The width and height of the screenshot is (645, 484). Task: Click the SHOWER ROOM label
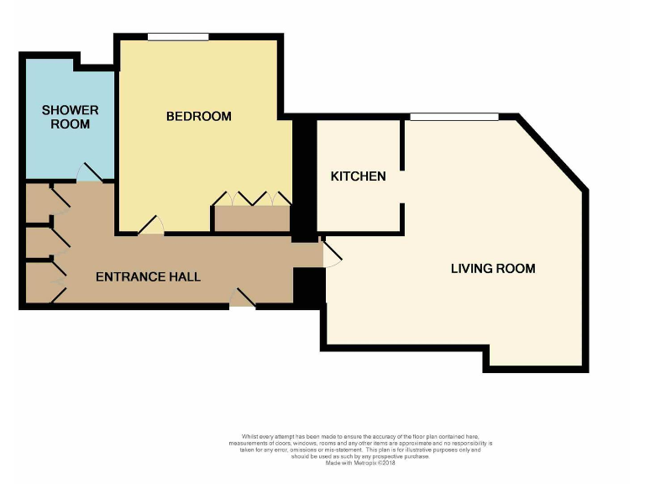pos(70,117)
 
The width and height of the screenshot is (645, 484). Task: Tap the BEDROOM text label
pos(198,116)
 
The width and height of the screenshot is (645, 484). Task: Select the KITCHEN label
pos(358,176)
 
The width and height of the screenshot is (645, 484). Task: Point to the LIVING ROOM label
pos(493,269)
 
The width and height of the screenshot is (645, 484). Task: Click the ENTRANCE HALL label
pos(148,276)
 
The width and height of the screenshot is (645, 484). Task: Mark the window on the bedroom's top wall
pos(178,36)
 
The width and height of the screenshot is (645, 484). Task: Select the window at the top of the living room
pos(454,117)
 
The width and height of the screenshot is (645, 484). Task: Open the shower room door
pos(89,174)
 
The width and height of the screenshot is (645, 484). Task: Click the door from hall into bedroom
pos(151,226)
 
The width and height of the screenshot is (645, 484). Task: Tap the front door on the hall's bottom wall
pos(243,299)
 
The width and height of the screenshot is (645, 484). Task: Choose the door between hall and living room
pos(330,254)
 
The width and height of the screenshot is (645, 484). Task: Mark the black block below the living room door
pos(308,287)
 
